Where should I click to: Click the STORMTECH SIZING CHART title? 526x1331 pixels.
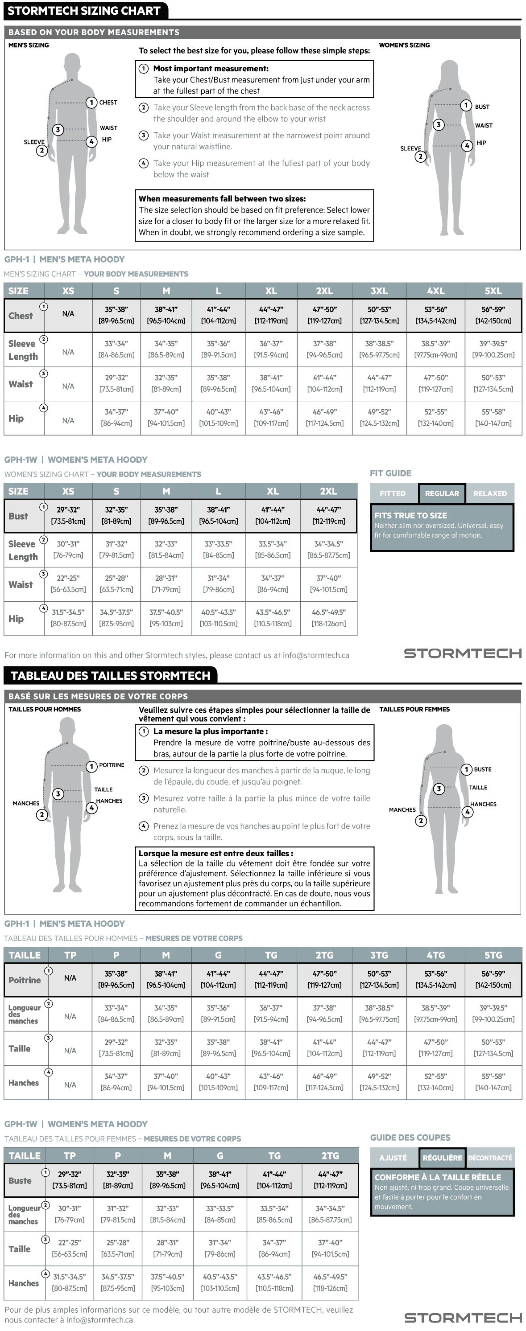click(x=84, y=11)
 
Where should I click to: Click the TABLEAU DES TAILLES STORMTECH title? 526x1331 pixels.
click(x=110, y=675)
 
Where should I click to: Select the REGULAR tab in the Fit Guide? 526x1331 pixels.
click(x=442, y=493)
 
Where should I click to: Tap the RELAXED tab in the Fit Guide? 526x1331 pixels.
click(x=490, y=493)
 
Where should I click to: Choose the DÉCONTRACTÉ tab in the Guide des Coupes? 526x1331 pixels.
click(x=490, y=1158)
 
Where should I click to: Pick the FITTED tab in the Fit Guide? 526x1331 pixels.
click(x=393, y=493)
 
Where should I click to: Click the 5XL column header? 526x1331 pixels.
click(x=493, y=291)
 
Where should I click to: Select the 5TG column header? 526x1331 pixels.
click(x=493, y=955)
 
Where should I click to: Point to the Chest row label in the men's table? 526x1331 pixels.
click(x=20, y=316)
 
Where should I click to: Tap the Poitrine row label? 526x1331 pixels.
click(x=24, y=980)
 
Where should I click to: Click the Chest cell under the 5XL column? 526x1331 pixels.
click(x=493, y=315)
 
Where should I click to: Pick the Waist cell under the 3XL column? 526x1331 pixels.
click(x=379, y=384)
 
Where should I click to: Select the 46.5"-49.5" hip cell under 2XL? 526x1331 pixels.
click(x=328, y=618)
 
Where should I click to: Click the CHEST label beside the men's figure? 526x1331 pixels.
click(x=108, y=103)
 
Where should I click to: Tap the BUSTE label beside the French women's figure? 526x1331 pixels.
click(x=483, y=769)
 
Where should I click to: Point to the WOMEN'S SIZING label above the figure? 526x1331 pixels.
click(x=405, y=45)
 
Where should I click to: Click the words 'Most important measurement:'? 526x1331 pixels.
click(x=211, y=68)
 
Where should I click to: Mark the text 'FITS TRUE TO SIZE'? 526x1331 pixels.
click(x=410, y=515)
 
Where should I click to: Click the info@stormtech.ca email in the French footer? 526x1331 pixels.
click(x=99, y=1319)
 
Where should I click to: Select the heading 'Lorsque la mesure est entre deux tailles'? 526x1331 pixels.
click(x=215, y=853)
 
